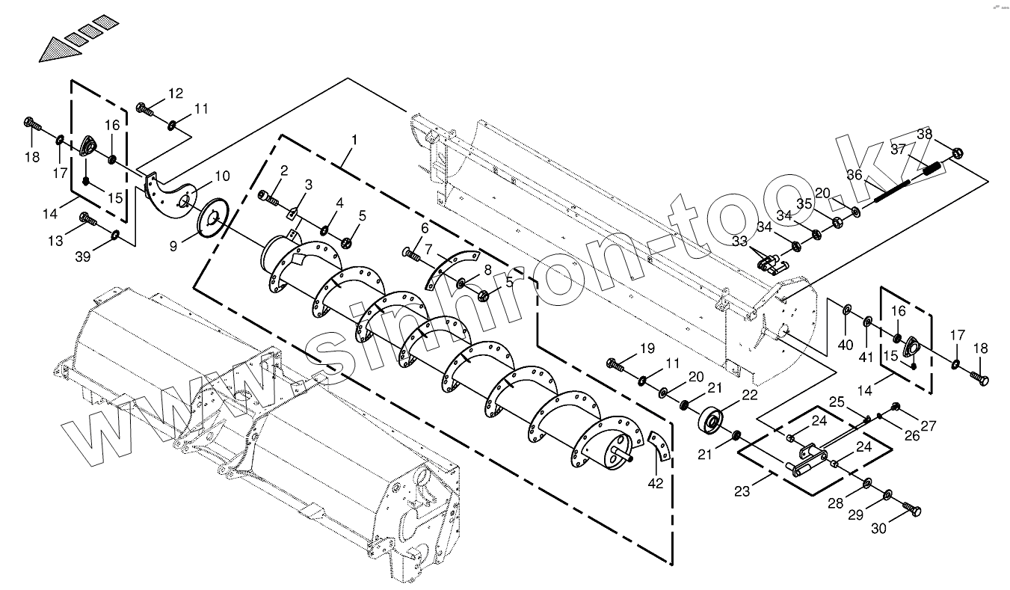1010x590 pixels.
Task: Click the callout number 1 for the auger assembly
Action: pos(354,140)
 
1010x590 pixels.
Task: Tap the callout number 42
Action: pos(656,484)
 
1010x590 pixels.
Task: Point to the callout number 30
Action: pos(879,528)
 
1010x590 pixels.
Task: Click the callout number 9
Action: pos(173,245)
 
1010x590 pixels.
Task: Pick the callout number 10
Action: pos(222,176)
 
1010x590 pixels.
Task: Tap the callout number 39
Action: pos(83,256)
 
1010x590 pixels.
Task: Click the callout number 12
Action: pos(175,93)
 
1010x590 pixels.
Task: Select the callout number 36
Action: pos(854,176)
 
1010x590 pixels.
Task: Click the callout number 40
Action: pos(845,345)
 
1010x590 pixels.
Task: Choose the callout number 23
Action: pos(742,492)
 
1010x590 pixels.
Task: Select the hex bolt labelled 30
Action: pos(913,510)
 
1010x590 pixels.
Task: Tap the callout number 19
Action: pos(647,348)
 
